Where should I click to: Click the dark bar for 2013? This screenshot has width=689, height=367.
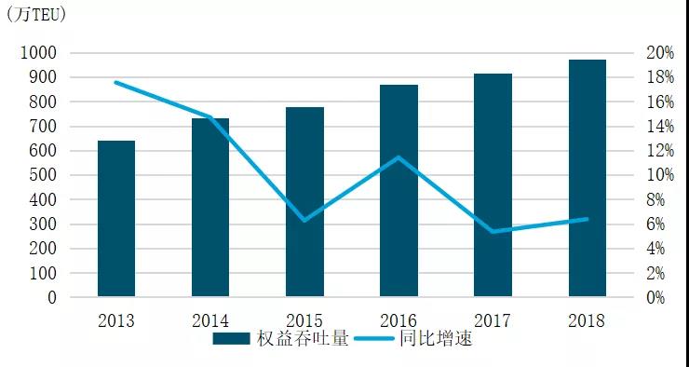click(116, 219)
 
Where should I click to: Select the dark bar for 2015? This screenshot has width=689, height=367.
click(305, 201)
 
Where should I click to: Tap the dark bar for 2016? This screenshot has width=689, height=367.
click(399, 190)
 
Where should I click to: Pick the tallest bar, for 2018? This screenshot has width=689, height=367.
click(588, 178)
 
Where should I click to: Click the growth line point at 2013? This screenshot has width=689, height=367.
click(116, 82)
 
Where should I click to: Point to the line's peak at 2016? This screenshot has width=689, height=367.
click(399, 156)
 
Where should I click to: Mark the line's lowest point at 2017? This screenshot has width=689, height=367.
click(493, 231)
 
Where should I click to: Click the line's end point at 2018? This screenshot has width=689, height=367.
click(588, 219)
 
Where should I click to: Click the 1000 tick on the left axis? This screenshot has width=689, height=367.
click(39, 53)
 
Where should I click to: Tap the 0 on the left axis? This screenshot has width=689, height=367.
click(52, 298)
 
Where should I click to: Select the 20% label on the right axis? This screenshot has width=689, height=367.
click(660, 53)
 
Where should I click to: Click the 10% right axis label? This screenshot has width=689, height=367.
click(660, 175)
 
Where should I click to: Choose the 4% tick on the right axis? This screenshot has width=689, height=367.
click(655, 249)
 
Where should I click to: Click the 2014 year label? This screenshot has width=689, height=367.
click(210, 321)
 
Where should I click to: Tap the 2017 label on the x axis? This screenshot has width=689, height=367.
click(493, 321)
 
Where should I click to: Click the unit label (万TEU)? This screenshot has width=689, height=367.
click(36, 16)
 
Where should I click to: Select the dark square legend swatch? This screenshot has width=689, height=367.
click(231, 338)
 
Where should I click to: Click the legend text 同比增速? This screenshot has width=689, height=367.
click(436, 338)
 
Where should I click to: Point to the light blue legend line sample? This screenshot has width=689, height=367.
click(374, 338)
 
